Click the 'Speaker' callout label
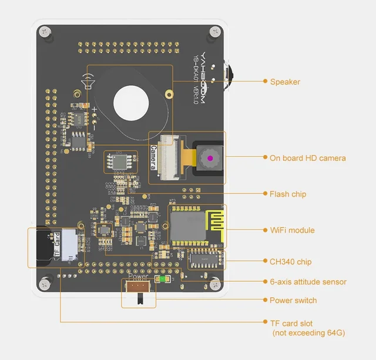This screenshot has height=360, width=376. tap(285, 82)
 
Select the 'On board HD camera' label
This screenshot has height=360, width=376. tap(307, 158)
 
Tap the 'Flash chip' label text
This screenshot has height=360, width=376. tap(287, 194)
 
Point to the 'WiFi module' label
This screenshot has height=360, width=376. tap(292, 230)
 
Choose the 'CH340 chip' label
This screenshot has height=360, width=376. tap(290, 262)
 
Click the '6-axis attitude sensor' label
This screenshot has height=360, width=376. tap(308, 282)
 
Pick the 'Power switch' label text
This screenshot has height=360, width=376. tap(293, 301)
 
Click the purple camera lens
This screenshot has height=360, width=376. tap(209, 158)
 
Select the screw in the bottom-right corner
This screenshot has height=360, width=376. tap(217, 285)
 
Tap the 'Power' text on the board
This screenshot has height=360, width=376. tap(139, 276)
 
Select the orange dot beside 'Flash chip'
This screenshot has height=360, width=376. tap(264, 193)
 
